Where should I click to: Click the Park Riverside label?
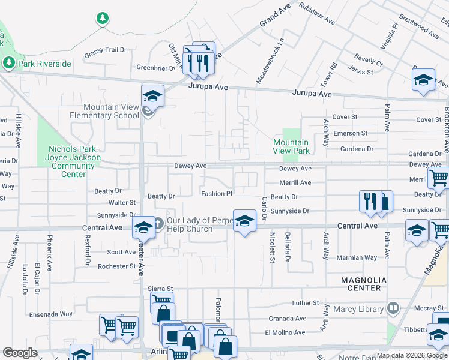pos(44,63)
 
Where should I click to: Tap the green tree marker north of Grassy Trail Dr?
pos(103,19)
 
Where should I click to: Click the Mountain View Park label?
pos(291,146)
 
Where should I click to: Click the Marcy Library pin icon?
pos(393,308)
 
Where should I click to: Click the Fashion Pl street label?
pos(216,194)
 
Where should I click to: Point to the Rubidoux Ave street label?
pos(316,12)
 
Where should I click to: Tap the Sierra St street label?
pos(160,289)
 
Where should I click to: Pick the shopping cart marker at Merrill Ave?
pos(438,178)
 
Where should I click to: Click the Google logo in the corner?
pos(20,353)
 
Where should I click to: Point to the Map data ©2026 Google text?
pos(412,355)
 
